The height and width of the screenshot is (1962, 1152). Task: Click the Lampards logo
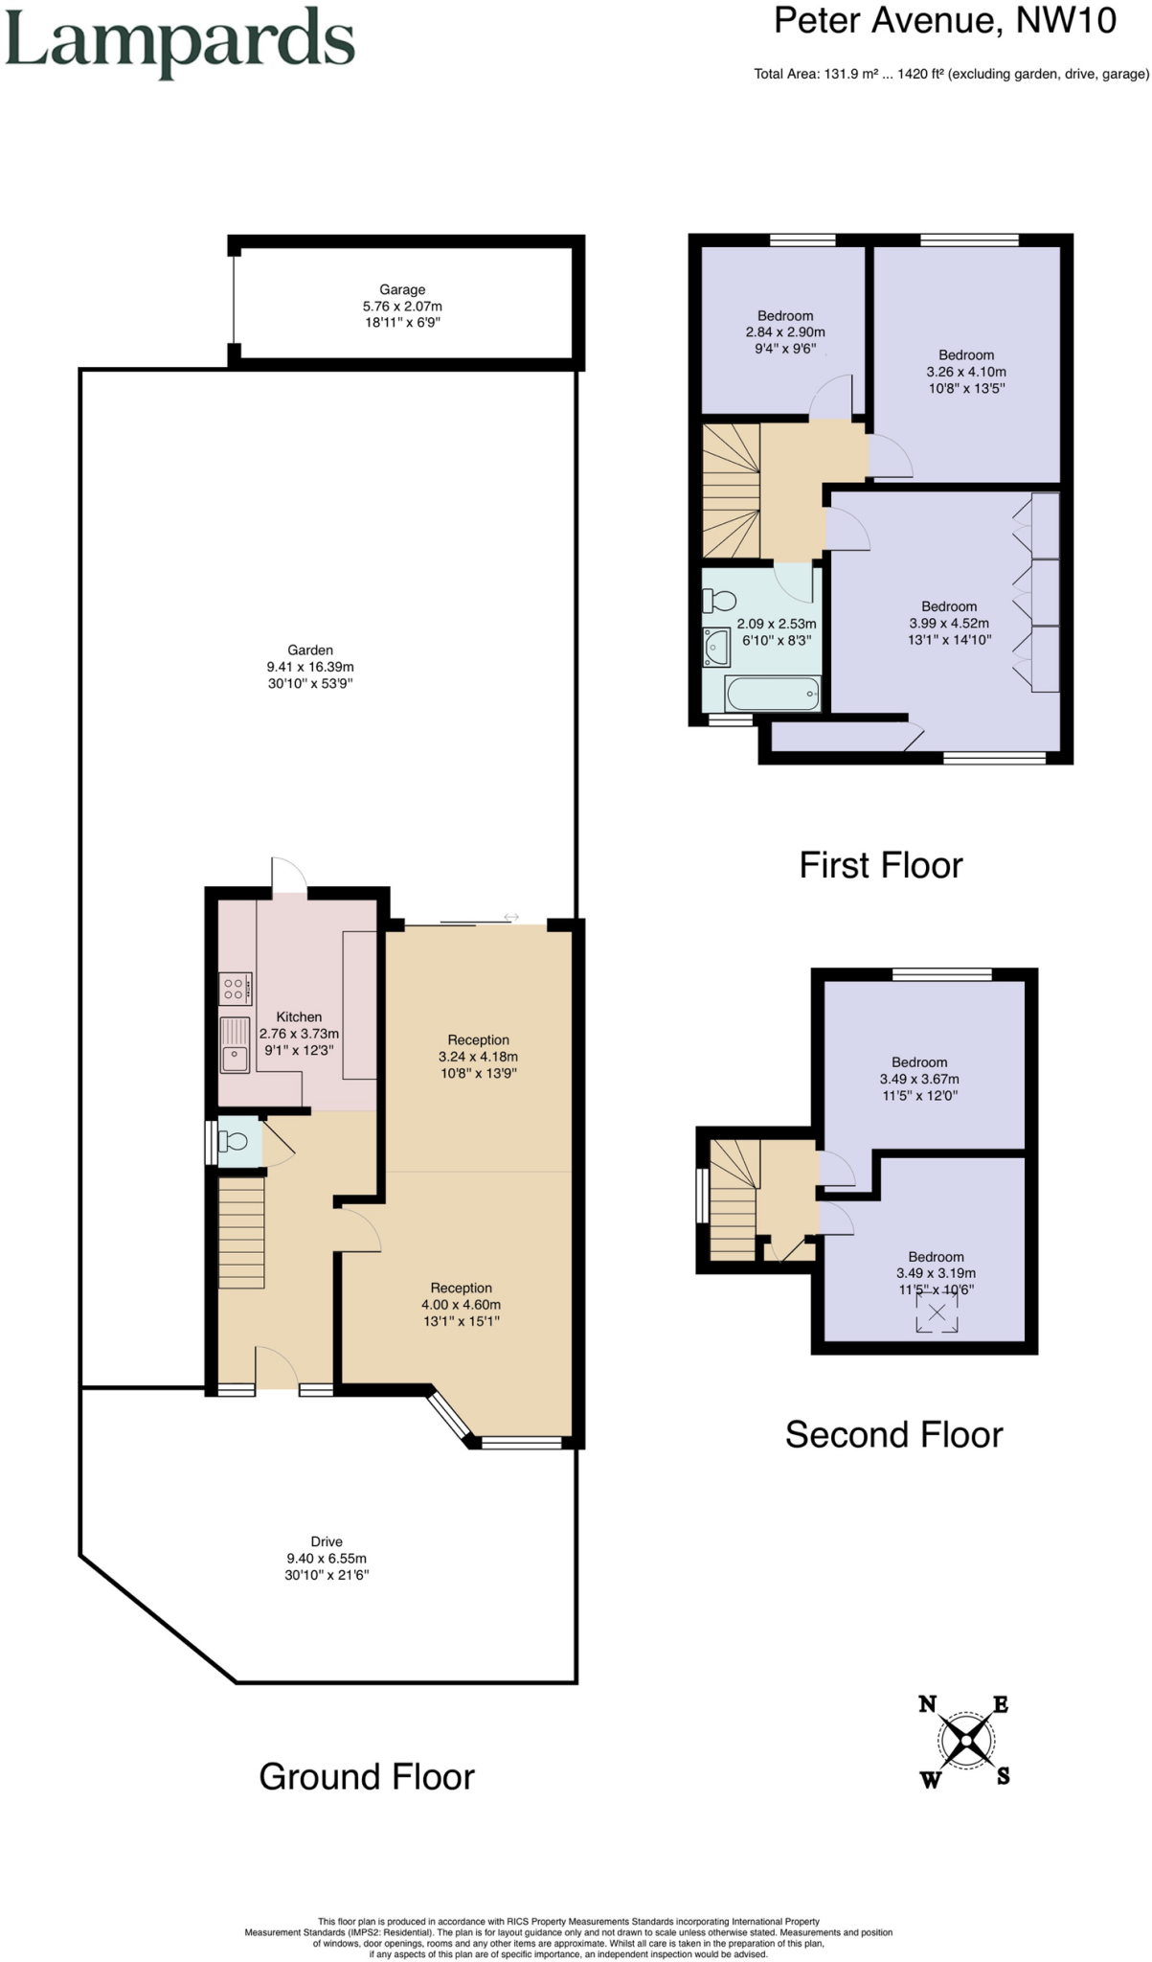pos(180,43)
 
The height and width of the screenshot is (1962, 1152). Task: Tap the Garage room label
pos(402,289)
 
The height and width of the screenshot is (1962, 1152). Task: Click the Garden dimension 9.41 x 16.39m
pos(310,667)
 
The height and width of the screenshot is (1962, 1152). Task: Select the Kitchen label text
pos(299,1016)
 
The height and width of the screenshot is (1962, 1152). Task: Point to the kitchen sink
pos(235,1044)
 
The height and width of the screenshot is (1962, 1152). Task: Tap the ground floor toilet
pos(233,1141)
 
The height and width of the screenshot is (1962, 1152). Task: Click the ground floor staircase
pos(241,1232)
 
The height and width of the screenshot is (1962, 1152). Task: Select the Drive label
pos(327,1541)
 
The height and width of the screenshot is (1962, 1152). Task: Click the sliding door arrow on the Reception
pos(510,917)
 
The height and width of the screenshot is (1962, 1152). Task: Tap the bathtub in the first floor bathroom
pos(773,694)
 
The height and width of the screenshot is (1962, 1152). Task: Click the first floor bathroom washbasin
pos(715,647)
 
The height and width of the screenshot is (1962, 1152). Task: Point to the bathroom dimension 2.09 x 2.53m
pos(776,624)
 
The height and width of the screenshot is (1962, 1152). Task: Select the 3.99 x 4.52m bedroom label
pos(949,623)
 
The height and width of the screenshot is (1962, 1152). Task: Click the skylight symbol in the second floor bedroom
pos(937,1313)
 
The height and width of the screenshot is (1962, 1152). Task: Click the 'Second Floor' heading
pos(893,1434)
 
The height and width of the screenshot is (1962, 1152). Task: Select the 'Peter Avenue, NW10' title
pos(944,21)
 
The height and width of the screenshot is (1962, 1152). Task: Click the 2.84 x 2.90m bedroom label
pos(785,331)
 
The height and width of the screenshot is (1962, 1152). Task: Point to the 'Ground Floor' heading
pos(367,1776)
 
